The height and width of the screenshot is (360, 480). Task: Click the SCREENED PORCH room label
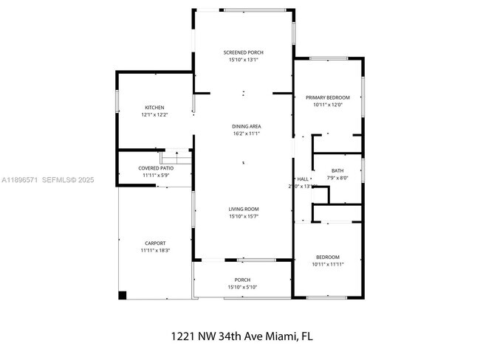pos(243,52)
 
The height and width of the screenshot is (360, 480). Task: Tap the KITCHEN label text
pos(154,108)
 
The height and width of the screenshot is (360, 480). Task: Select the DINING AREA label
pos(246,126)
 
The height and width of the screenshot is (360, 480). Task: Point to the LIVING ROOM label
pos(243,209)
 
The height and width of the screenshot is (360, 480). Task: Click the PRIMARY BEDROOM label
pos(328,97)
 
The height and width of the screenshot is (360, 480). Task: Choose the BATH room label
pos(337,170)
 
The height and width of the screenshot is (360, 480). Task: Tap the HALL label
pos(303,179)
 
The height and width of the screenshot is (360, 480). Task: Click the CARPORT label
pos(155,243)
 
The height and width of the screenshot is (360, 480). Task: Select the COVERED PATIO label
pos(156,168)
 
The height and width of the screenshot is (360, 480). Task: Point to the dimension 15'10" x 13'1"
pos(243,60)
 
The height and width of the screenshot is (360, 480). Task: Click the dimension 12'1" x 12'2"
pos(154,115)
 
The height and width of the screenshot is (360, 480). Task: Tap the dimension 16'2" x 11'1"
pos(246,134)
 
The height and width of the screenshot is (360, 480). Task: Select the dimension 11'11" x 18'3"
pos(155,250)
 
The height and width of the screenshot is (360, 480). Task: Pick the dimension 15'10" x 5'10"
pos(243,287)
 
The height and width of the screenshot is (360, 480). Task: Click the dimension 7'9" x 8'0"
pos(337,178)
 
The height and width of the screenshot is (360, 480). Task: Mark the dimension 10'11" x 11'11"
pos(328,263)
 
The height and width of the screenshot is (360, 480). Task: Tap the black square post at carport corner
pos(123,295)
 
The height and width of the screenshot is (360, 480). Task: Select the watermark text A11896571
pos(19,179)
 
